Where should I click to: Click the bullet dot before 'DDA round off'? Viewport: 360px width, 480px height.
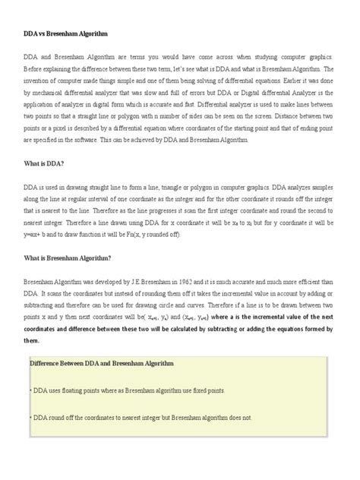click(30, 417)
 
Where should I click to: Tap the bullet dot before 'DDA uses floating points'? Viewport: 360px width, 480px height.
click(30, 390)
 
